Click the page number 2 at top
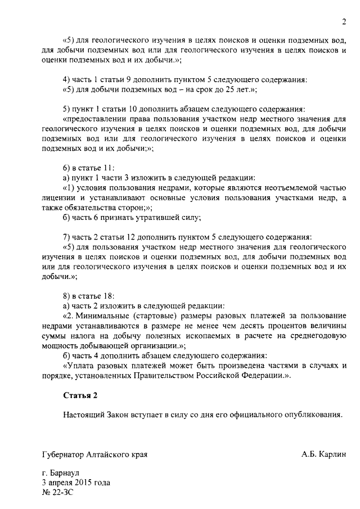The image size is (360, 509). click(x=344, y=22)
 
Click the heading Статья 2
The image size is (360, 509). click(x=80, y=395)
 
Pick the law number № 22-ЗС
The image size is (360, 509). click(x=58, y=492)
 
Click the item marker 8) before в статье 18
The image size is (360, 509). click(x=67, y=296)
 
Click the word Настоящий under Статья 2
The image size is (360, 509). click(x=84, y=415)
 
